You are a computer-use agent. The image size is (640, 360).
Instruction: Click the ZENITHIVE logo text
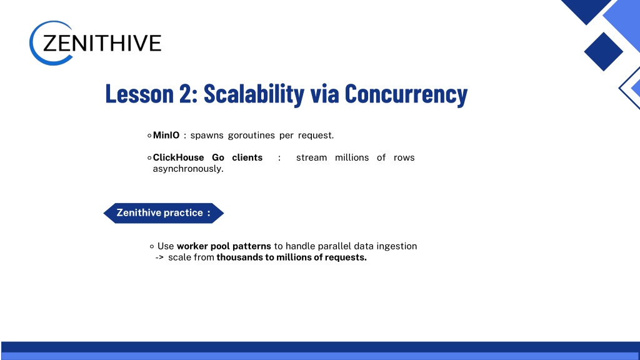click(102, 43)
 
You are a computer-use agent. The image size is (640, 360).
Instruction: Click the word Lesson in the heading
click(139, 94)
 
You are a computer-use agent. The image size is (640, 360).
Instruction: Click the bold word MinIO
click(166, 135)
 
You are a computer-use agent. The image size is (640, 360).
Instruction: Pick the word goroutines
click(251, 136)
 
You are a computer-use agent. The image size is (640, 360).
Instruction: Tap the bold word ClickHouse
click(178, 157)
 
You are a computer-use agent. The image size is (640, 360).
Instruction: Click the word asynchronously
click(188, 169)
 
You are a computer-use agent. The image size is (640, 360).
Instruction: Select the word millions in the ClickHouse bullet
click(352, 157)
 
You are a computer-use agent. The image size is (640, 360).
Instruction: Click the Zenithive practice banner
click(164, 213)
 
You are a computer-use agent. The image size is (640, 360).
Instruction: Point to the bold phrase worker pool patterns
click(224, 246)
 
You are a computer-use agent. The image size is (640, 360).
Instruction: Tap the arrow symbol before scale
click(159, 257)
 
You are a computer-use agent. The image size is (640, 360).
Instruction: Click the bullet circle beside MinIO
click(149, 136)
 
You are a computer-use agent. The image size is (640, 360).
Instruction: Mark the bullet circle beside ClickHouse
click(149, 157)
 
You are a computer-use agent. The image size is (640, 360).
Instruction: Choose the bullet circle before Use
click(152, 246)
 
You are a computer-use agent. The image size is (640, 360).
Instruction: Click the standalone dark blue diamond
click(603, 51)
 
